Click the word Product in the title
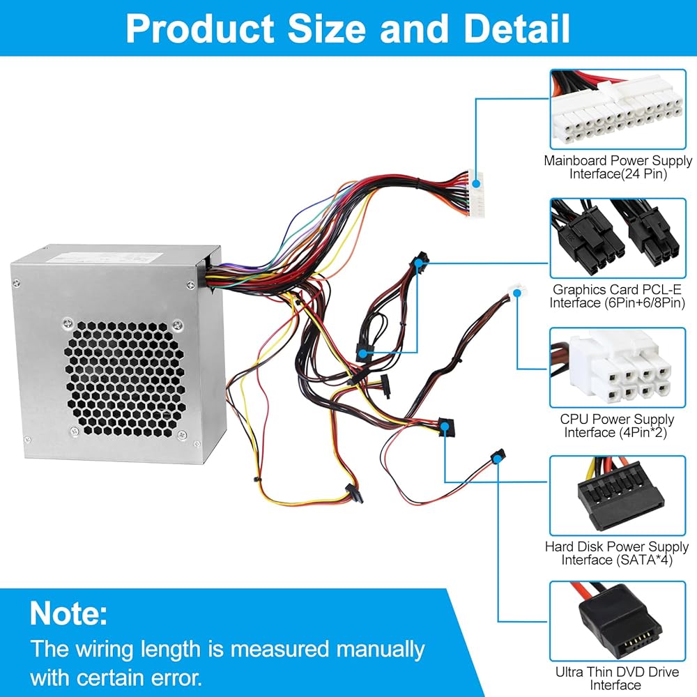[200, 29]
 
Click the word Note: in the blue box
[68, 613]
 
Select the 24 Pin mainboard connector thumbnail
[618, 109]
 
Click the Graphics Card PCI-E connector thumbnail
[618, 238]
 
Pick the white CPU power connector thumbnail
[618, 367]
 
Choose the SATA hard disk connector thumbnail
[618, 496]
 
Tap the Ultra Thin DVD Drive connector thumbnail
[618, 622]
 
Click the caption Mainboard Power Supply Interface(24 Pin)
[618, 167]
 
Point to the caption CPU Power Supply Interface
[617, 425]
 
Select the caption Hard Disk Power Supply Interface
[617, 553]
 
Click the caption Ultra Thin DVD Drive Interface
[617, 678]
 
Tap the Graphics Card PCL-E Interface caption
[617, 296]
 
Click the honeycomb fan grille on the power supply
[125, 378]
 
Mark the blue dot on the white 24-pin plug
[476, 183]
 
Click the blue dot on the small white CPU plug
[517, 293]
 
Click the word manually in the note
[381, 650]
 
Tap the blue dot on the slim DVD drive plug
[498, 457]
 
